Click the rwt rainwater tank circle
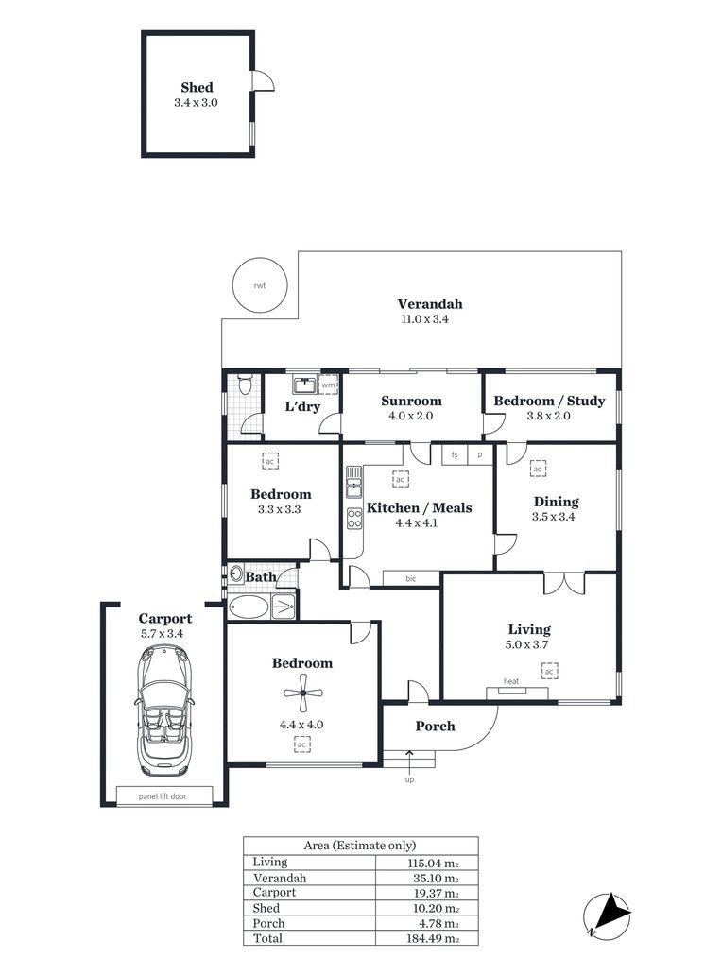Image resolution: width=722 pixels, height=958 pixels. click(x=259, y=285)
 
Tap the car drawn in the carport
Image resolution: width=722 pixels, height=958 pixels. click(x=163, y=710)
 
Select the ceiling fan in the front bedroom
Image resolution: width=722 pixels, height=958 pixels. click(x=302, y=693)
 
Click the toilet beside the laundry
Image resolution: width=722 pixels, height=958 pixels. click(x=245, y=385)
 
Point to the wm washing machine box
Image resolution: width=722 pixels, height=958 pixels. click(x=328, y=385)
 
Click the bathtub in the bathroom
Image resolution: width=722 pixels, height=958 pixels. click(x=249, y=607)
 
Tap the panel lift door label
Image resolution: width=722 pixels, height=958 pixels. click(x=163, y=796)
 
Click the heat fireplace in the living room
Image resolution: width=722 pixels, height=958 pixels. click(x=517, y=693)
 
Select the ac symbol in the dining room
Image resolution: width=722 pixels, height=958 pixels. click(x=538, y=469)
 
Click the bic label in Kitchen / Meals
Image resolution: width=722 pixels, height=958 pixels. click(x=411, y=578)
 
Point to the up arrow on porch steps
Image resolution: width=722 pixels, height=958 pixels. click(x=409, y=760)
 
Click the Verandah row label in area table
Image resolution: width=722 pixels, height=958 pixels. click(x=280, y=878)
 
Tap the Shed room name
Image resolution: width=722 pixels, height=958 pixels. click(x=197, y=87)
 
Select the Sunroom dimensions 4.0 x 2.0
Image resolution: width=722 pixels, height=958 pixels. click(x=411, y=416)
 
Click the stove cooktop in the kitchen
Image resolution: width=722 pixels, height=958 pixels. click(x=354, y=518)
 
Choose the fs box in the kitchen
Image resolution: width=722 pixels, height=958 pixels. click(x=455, y=455)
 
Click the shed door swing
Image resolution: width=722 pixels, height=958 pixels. click(x=263, y=80)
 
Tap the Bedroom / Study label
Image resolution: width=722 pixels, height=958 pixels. click(x=549, y=401)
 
